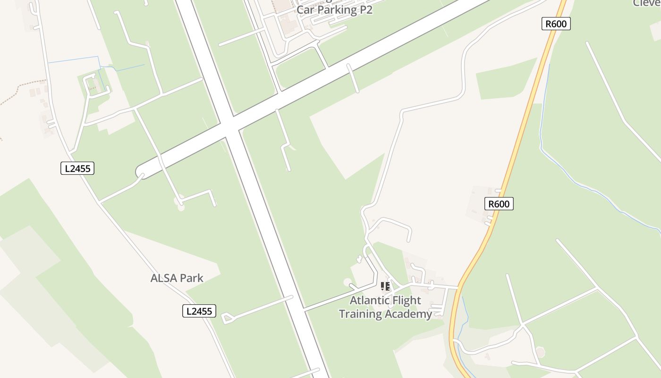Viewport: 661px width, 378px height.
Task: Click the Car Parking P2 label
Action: [x=334, y=10]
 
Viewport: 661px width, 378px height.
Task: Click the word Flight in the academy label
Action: [x=407, y=301]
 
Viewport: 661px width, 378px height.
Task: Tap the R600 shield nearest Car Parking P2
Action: [x=556, y=24]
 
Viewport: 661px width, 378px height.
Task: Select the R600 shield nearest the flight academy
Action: [x=499, y=204]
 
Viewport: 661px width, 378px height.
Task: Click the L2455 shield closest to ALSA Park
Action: [x=199, y=311]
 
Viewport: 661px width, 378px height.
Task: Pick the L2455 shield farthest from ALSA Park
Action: [x=77, y=168]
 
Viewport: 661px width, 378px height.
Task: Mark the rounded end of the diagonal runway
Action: [x=141, y=172]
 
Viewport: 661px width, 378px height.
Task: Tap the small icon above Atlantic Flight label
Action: [x=385, y=286]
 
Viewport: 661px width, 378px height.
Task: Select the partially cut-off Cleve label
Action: [x=646, y=3]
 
